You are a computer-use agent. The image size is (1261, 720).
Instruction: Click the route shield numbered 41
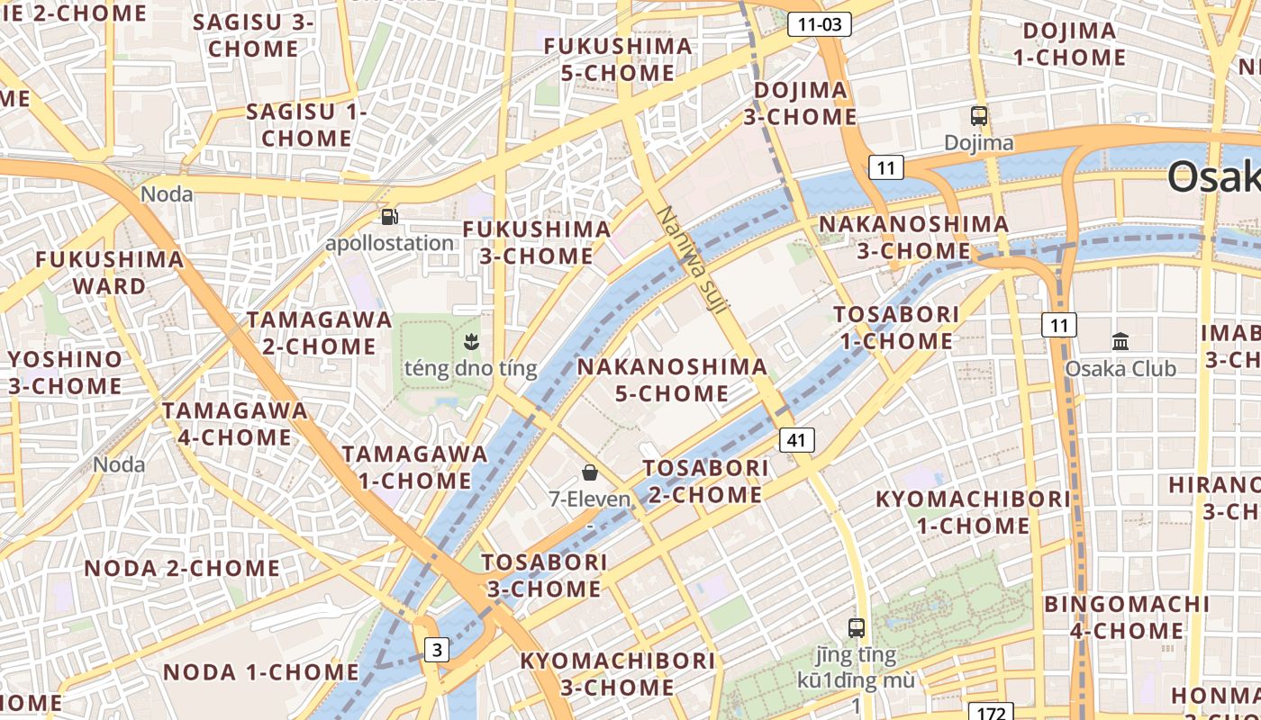point(796,440)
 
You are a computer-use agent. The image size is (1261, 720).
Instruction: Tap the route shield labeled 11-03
point(820,24)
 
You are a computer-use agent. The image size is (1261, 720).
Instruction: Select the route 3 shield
point(436,650)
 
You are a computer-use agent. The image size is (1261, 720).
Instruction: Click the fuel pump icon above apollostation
point(389,217)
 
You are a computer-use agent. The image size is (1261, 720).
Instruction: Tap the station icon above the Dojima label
point(979,116)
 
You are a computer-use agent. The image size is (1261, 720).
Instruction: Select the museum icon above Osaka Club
point(1120,342)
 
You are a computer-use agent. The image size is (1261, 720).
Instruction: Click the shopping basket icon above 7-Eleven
point(590,472)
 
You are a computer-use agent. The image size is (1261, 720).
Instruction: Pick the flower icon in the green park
point(470,341)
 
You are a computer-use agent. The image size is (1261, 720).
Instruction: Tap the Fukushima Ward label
point(109,273)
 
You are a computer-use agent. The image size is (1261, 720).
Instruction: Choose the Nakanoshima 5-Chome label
point(672,380)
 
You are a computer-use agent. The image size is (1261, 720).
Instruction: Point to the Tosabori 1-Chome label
point(896,328)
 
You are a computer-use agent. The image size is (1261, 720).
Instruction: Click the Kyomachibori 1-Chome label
point(973,511)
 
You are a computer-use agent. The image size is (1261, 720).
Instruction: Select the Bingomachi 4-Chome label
point(1127,616)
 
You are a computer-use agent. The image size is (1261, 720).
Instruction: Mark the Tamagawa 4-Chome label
point(234,424)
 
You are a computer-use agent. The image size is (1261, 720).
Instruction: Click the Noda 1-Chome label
point(260,671)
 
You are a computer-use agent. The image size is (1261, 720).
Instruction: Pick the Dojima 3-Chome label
point(800,103)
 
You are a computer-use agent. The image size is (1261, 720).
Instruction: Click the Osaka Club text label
point(1120,369)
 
